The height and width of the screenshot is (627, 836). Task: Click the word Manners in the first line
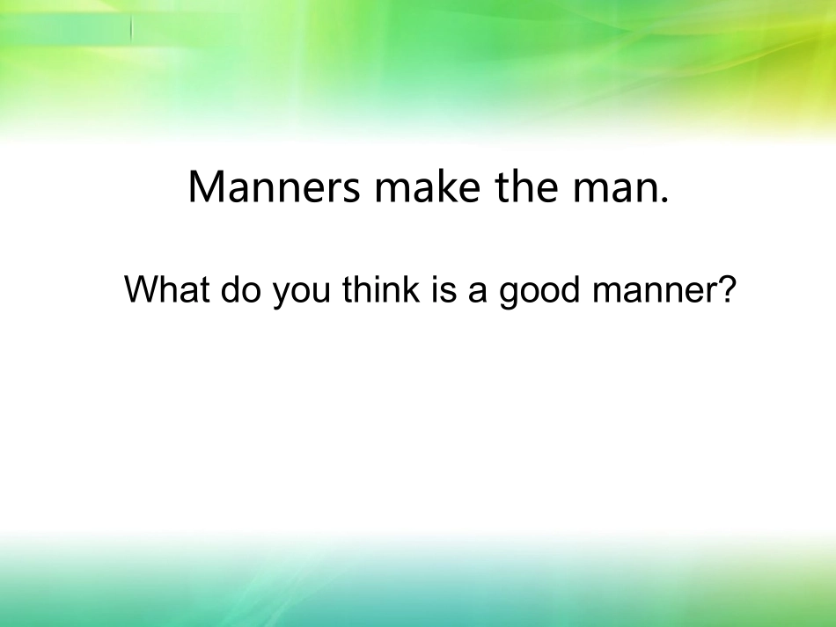point(274,186)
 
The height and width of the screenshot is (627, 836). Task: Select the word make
point(428,186)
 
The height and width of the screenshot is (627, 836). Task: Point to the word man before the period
point(613,192)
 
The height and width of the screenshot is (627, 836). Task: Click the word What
point(167,289)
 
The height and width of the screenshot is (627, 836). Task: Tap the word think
point(381,289)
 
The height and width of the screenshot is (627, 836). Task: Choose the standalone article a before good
point(478,294)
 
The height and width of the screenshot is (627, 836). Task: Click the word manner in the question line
point(655,294)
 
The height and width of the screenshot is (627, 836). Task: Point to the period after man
point(664,200)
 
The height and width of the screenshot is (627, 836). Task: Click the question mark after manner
point(727,289)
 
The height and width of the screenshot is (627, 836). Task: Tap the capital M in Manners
point(205,186)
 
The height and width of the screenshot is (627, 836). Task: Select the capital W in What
point(142,289)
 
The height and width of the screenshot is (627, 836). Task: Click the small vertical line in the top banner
point(132,28)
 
